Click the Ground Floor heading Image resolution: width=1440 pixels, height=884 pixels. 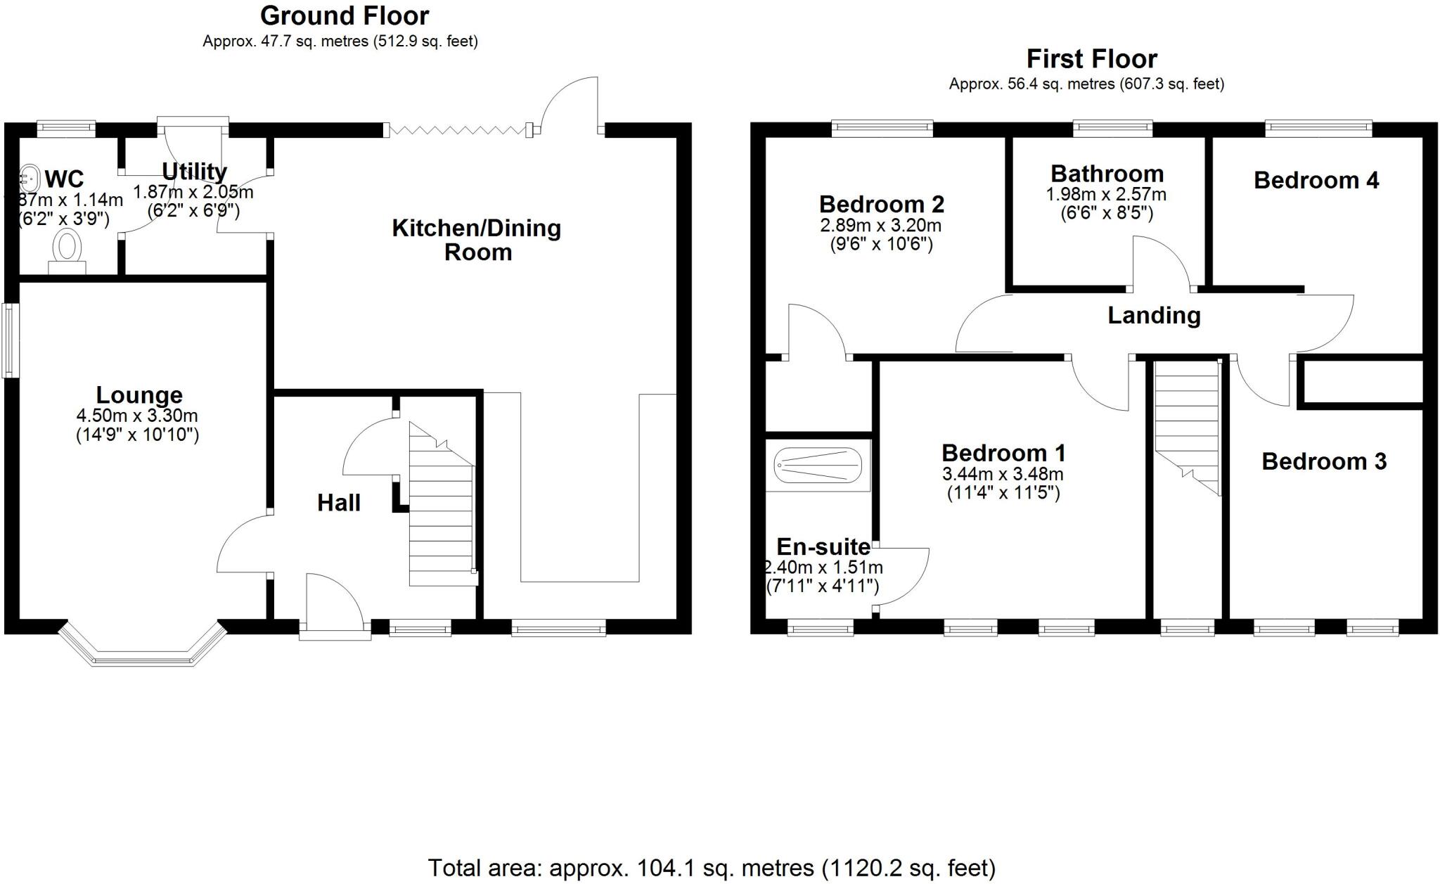pos(345,15)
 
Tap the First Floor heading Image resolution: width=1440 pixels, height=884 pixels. pos(1091,58)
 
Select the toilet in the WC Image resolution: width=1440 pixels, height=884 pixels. pos(67,250)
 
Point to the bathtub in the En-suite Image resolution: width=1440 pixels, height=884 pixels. pos(818,465)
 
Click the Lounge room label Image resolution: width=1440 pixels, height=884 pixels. pos(139,395)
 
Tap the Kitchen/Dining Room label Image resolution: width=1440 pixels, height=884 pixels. pos(477,240)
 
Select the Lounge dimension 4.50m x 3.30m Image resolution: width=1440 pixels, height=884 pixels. pos(138,416)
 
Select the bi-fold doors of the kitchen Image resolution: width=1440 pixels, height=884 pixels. pos(458,129)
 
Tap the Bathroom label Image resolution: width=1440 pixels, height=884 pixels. pos(1107,174)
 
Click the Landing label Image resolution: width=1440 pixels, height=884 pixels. pos(1154,315)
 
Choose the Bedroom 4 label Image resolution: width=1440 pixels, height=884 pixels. pos(1316,180)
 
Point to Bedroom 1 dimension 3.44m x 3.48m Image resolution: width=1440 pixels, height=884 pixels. pos(1003,474)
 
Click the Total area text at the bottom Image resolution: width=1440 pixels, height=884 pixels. pos(712,868)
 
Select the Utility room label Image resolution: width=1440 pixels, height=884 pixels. pos(194,172)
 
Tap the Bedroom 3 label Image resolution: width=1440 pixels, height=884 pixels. pos(1324,461)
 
